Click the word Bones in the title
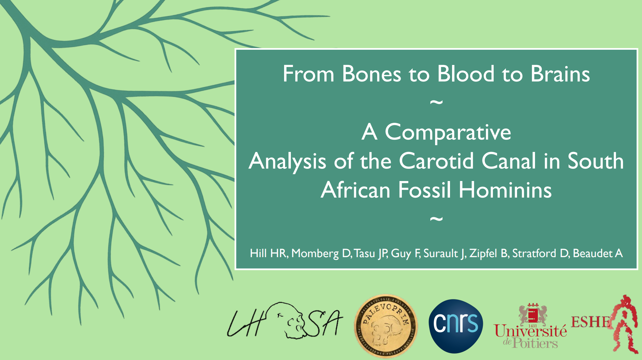[x=371, y=74]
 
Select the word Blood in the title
[x=466, y=74]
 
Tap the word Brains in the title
[x=560, y=74]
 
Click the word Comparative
[x=448, y=133]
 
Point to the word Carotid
[x=436, y=161]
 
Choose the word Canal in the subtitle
[x=509, y=161]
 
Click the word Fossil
[x=424, y=190]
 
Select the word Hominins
[x=505, y=190]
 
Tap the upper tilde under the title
[x=436, y=102]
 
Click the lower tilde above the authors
[x=436, y=219]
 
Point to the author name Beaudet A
[x=598, y=253]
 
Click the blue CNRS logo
[x=456, y=326]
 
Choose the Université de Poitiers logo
[x=530, y=326]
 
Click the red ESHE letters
[x=591, y=322]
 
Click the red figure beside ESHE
[x=625, y=324]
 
